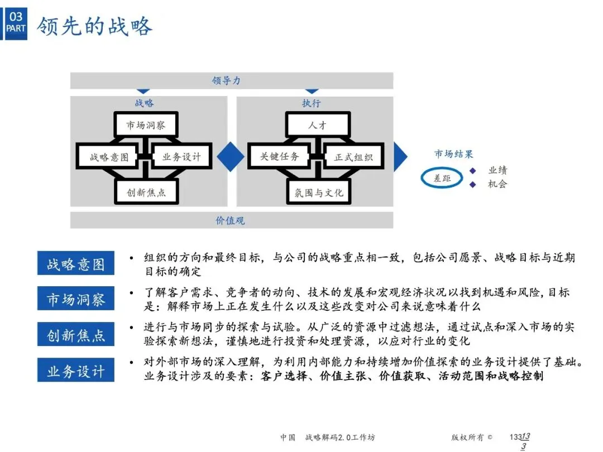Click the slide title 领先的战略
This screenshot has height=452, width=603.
[x=94, y=26]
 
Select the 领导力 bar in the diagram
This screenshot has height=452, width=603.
[x=231, y=80]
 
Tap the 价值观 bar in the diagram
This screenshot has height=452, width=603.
[x=231, y=220]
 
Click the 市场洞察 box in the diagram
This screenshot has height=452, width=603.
[x=146, y=124]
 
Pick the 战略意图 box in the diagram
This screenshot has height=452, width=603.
[x=109, y=157]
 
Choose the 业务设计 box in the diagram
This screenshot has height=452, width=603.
[x=181, y=157]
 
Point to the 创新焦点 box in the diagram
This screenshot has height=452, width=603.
[x=146, y=193]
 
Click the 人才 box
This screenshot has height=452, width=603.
[x=318, y=124]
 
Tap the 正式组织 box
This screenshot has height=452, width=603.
[x=353, y=157]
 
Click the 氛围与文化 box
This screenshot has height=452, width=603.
[x=319, y=193]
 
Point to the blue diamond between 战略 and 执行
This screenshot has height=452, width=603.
[x=231, y=156]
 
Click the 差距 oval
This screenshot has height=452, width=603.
[x=442, y=178]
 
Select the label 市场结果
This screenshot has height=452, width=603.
[x=454, y=154]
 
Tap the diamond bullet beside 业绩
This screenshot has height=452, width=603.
[x=472, y=170]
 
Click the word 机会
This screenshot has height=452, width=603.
[x=497, y=184]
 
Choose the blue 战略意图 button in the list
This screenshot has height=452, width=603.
[x=76, y=264]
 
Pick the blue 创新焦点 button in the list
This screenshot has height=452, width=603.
[x=76, y=335]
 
